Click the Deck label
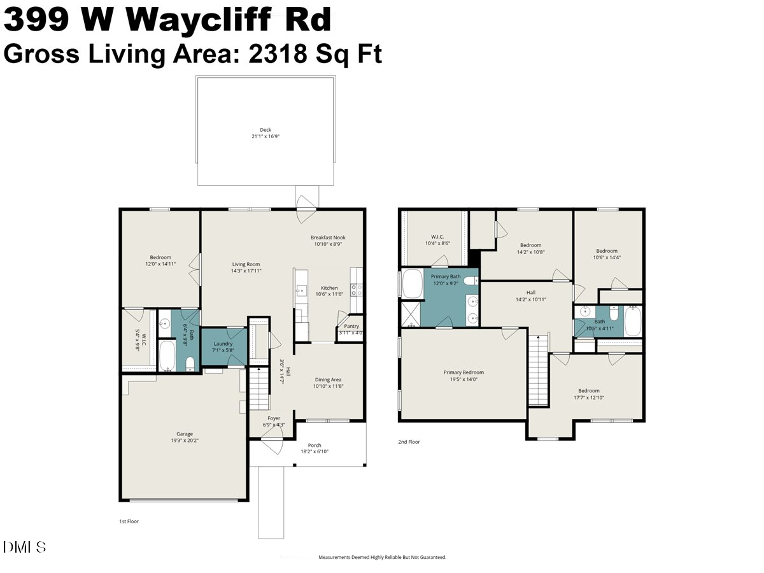[x=265, y=130]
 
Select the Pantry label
[x=351, y=326]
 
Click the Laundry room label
[x=223, y=344]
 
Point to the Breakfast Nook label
[x=328, y=237]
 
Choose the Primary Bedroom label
[x=463, y=372]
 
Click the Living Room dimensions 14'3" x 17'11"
[x=246, y=271]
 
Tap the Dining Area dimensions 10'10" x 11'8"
[x=328, y=386]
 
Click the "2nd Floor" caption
[x=409, y=441]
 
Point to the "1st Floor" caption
[x=129, y=521]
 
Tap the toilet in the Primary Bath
[x=470, y=281]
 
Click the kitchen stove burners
[x=357, y=290]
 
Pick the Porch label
[x=315, y=445]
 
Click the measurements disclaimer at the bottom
[x=383, y=557]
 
